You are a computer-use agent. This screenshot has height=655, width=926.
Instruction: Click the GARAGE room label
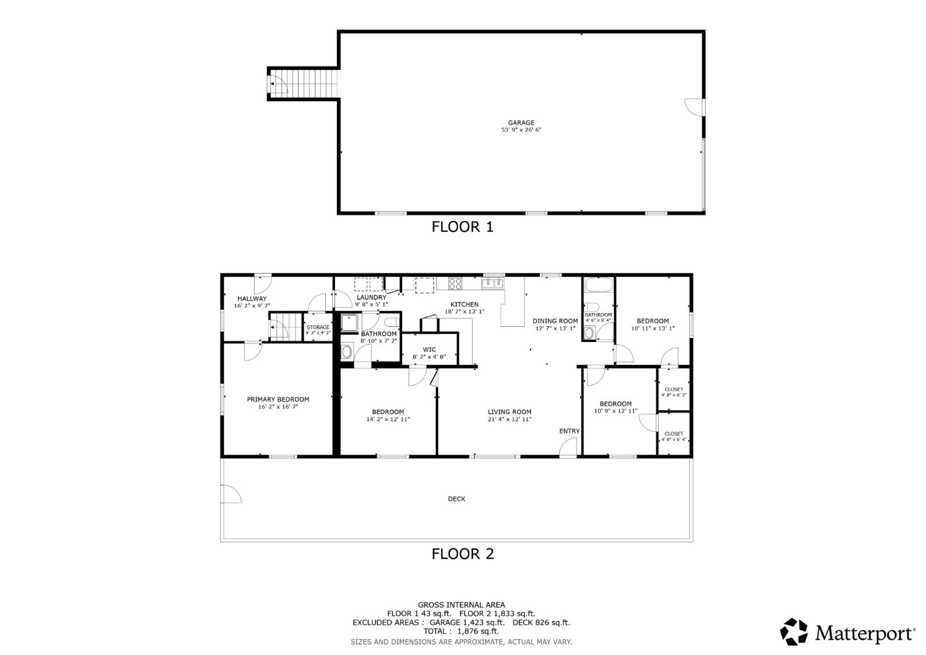[x=521, y=123]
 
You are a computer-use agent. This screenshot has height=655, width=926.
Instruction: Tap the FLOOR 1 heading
[x=462, y=227]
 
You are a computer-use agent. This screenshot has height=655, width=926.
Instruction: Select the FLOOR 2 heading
[x=462, y=554]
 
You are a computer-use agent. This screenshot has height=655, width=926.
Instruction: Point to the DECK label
[x=456, y=499]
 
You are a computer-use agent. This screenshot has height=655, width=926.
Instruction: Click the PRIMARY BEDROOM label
[x=278, y=399]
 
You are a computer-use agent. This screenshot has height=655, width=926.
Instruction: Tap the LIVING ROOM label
[x=509, y=412]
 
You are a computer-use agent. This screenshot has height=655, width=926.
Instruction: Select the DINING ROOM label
[x=555, y=321]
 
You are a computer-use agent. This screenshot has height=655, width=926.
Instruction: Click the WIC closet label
[x=429, y=349]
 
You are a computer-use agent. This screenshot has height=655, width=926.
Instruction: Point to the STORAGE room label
[x=318, y=327]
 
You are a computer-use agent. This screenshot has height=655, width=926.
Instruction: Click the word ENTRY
[x=569, y=431]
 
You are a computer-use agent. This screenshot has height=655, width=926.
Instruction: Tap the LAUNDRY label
[x=371, y=297]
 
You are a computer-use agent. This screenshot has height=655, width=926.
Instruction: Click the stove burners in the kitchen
[x=455, y=284]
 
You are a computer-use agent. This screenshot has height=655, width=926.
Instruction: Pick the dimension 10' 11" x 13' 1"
[x=652, y=328]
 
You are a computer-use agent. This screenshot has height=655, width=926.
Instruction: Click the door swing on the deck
[x=230, y=495]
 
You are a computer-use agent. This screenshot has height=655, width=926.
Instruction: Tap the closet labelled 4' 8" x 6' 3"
[x=674, y=392]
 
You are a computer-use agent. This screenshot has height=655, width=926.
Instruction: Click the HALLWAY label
[x=252, y=299]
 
